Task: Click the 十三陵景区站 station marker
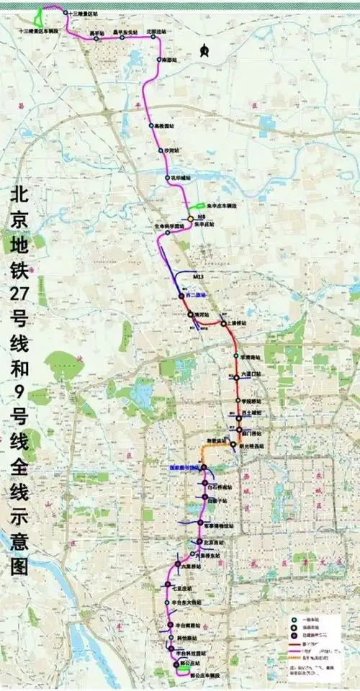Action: click(66, 13)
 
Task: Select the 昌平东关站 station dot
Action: click(122, 37)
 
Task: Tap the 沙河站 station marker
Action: click(161, 150)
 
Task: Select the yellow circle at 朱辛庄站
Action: click(191, 218)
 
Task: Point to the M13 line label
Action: click(199, 276)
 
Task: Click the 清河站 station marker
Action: click(191, 315)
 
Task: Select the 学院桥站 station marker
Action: click(237, 400)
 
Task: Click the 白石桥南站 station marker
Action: click(205, 484)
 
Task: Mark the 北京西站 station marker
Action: click(199, 541)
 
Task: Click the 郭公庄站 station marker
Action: click(174, 663)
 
